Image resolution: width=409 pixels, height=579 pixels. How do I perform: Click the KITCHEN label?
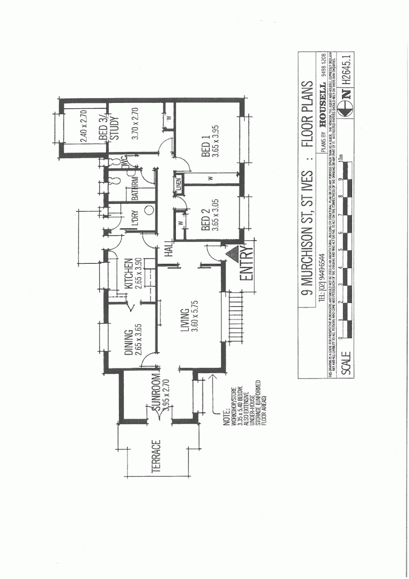[129, 274]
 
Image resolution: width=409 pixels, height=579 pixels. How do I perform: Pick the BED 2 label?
[205, 221]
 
